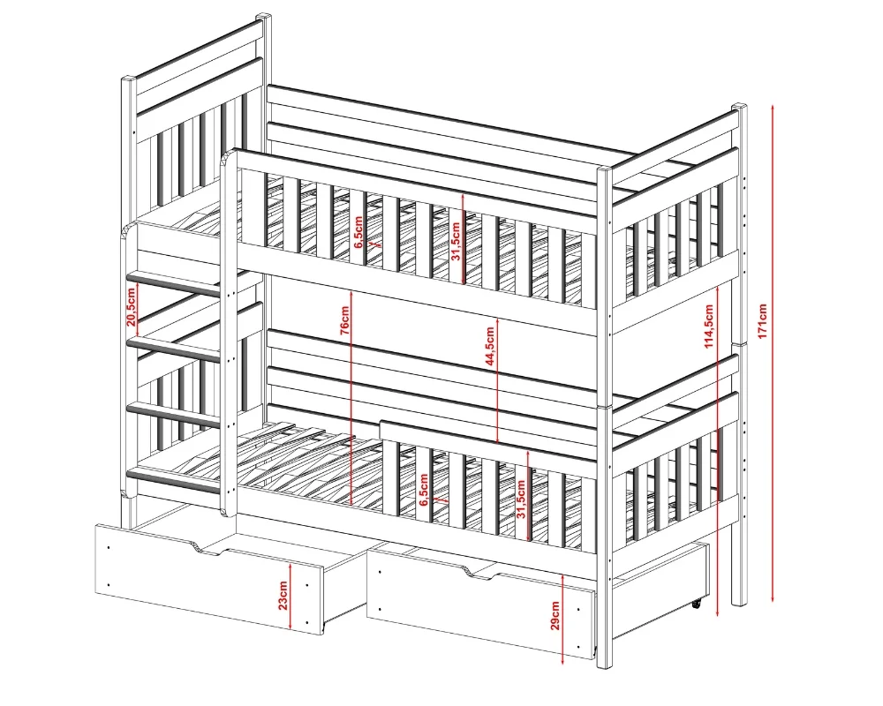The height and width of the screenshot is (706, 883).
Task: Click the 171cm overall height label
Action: (x=763, y=321)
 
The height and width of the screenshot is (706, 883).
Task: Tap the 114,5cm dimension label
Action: (x=709, y=326)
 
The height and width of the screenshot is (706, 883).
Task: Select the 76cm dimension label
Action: (x=345, y=320)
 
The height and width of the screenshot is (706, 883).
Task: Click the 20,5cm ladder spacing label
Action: (x=131, y=307)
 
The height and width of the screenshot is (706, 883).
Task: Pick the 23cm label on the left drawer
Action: (x=283, y=597)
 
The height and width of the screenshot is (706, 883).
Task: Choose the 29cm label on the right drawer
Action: (x=555, y=615)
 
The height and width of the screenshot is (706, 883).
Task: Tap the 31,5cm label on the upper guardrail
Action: (x=456, y=241)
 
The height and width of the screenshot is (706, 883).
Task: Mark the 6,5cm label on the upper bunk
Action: (x=358, y=232)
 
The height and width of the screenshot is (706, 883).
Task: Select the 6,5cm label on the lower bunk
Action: (x=424, y=489)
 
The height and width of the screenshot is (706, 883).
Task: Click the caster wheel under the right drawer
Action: (x=697, y=605)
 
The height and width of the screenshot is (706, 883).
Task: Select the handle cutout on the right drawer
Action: (x=483, y=572)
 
